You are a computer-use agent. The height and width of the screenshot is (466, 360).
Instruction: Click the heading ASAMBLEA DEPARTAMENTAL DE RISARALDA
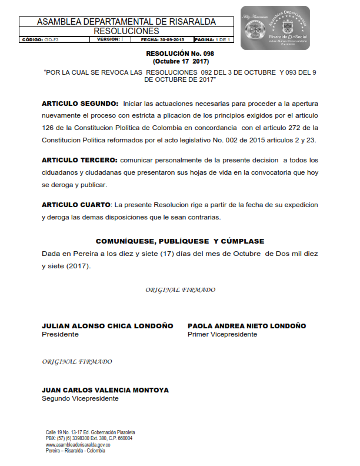[126, 22]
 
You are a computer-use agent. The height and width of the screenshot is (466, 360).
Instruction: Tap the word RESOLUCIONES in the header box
[126, 31]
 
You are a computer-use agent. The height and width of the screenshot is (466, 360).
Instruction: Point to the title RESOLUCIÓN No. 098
[180, 54]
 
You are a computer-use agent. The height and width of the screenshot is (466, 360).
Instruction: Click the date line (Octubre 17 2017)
[180, 61]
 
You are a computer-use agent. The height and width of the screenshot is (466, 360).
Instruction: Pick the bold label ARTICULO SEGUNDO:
[80, 103]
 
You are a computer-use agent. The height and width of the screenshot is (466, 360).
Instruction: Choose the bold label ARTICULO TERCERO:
[79, 160]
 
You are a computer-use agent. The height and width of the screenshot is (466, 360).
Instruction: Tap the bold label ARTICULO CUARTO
[76, 205]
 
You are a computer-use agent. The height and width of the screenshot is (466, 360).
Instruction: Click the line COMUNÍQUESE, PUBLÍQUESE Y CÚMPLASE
[180, 241]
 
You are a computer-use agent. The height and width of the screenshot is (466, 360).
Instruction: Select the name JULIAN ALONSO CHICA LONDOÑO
[108, 326]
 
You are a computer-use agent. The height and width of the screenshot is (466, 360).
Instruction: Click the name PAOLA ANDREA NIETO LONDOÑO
[246, 326]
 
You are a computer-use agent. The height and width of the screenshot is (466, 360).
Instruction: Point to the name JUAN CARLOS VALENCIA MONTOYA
[105, 390]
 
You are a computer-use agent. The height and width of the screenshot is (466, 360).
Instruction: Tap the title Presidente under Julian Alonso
[60, 334]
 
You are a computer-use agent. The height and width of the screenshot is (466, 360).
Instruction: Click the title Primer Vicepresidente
[222, 334]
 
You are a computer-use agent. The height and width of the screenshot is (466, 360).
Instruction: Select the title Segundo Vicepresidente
[80, 398]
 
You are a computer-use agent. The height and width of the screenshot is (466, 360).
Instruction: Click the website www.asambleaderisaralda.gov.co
[78, 445]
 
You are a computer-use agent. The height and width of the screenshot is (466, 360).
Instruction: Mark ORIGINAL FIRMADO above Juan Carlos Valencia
[77, 361]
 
